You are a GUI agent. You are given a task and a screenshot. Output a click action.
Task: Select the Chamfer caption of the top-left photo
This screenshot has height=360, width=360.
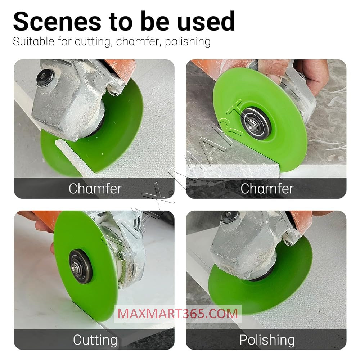95,189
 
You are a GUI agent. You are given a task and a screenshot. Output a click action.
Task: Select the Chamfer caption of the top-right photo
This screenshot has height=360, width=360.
267,189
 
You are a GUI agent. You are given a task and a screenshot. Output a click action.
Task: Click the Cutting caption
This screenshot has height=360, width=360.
95,340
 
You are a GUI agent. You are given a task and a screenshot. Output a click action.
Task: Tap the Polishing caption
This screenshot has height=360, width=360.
267,340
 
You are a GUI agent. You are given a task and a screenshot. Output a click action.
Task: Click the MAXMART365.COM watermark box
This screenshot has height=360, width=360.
178,313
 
